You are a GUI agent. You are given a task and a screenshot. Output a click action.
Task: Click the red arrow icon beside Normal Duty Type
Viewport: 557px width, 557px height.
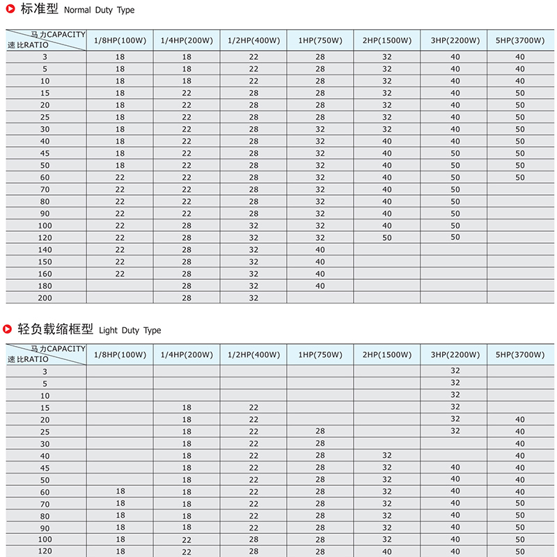point(10,10)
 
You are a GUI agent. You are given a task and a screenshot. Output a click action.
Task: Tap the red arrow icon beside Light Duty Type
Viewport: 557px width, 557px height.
point(10,329)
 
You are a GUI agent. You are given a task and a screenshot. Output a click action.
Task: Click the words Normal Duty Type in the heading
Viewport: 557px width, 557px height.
point(100,10)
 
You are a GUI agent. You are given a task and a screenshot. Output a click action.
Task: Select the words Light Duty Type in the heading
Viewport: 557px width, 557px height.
point(130,330)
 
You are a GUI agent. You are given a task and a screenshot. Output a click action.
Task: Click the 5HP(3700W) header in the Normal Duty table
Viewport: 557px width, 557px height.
point(520,40)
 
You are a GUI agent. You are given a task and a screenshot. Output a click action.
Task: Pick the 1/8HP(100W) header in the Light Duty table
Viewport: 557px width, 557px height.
point(120,355)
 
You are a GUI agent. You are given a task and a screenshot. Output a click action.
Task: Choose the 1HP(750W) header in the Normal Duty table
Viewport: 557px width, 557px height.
point(320,40)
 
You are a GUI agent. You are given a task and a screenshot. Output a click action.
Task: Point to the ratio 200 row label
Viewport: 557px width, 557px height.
point(45,297)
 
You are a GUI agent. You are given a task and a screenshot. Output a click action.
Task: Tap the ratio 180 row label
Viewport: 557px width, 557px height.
point(45,285)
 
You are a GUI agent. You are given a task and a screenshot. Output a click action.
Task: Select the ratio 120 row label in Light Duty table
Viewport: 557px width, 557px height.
point(45,551)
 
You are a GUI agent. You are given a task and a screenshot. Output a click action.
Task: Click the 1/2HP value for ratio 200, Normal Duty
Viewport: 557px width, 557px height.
point(253,297)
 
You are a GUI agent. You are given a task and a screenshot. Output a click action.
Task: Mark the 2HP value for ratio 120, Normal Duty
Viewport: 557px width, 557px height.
point(387,237)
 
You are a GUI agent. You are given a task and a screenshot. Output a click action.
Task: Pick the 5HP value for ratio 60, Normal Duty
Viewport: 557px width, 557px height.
point(520,178)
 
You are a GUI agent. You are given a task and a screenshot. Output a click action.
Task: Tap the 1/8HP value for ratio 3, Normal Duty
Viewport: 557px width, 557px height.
point(120,57)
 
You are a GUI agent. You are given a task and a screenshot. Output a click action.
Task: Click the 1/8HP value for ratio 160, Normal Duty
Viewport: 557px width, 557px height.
point(120,274)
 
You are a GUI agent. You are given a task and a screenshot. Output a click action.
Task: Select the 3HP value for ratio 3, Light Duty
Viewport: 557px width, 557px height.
point(455,371)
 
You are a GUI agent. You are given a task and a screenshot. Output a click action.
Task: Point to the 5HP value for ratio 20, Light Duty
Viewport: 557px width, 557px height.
point(520,419)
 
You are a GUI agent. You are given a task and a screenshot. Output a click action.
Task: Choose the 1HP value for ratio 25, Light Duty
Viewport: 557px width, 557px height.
point(320,432)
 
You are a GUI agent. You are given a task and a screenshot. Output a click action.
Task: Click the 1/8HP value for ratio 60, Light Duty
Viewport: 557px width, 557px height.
point(120,492)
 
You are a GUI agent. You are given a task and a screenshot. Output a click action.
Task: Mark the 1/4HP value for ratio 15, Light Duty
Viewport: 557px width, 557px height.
point(187,407)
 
